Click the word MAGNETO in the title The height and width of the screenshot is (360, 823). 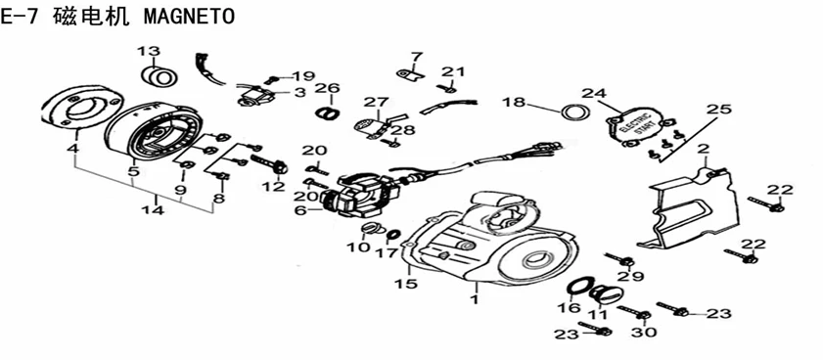pyautogui.click(x=189, y=17)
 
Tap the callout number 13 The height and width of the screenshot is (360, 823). pyautogui.click(x=149, y=52)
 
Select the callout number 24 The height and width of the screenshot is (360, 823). pyautogui.click(x=594, y=94)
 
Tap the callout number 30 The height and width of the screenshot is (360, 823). pyautogui.click(x=646, y=333)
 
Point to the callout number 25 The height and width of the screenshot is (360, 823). pyautogui.click(x=718, y=110)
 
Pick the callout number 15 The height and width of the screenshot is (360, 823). pyautogui.click(x=407, y=284)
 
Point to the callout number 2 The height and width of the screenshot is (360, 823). pyautogui.click(x=703, y=149)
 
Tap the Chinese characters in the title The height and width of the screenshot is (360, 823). pyautogui.click(x=90, y=17)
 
